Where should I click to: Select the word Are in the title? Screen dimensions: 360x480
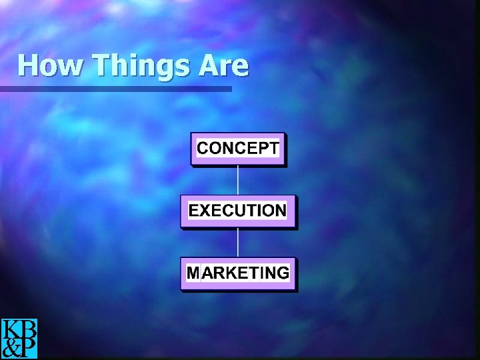tap(223, 66)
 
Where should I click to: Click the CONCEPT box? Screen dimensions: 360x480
tap(238, 149)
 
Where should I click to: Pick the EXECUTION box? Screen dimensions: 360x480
tap(238, 211)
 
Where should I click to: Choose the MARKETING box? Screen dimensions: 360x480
tap(238, 273)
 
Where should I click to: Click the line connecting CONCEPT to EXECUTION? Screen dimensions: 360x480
tap(238, 179)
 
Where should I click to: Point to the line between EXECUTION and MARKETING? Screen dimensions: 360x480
tap(238, 242)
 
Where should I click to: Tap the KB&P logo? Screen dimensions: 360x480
tap(19, 339)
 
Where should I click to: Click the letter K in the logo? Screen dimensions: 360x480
tap(11, 329)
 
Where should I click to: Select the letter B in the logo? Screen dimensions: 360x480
tap(28, 329)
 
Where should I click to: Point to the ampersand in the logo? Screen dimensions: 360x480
tap(11, 348)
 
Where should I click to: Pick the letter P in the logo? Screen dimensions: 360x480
tap(28, 348)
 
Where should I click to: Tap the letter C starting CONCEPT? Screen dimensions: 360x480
tap(203, 148)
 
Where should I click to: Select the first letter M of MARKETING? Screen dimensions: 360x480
tap(193, 273)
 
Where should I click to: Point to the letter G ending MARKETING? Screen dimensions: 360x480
tap(283, 273)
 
